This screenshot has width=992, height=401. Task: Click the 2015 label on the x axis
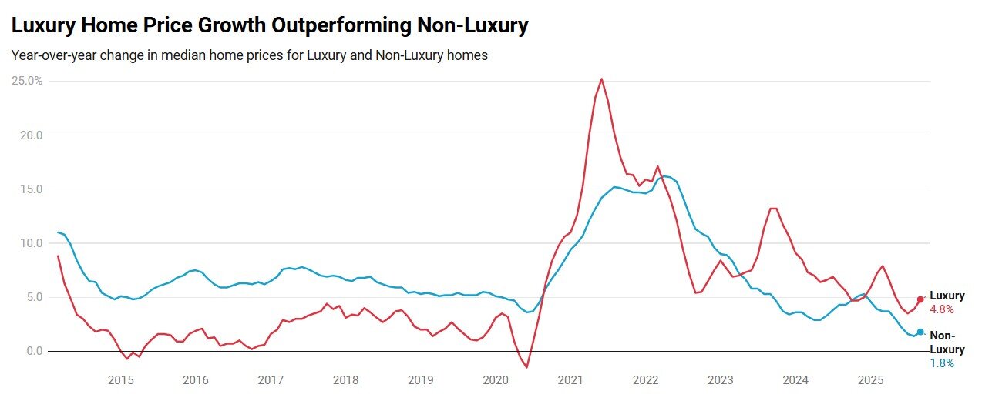tap(121, 379)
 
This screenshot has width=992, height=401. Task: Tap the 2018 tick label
tap(345, 379)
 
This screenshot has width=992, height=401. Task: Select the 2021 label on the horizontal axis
tap(570, 379)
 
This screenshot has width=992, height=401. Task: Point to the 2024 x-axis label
tap(795, 379)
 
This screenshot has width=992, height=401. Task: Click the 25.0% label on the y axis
tap(27, 81)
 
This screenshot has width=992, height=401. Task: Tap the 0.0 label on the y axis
tap(35, 351)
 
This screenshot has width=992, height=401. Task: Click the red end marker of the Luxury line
tap(920, 299)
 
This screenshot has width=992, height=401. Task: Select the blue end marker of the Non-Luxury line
tap(920, 332)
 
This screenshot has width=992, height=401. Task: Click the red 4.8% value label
tap(942, 309)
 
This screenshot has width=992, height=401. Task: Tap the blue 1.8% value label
tap(942, 363)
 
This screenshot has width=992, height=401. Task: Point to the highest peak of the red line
tap(601, 79)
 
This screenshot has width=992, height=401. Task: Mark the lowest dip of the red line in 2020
tap(527, 367)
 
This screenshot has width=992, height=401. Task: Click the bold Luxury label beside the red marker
tap(947, 296)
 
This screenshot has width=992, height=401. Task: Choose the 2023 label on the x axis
tap(720, 379)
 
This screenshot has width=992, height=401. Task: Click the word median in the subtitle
tap(203, 55)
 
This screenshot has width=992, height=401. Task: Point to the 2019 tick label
tap(420, 379)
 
